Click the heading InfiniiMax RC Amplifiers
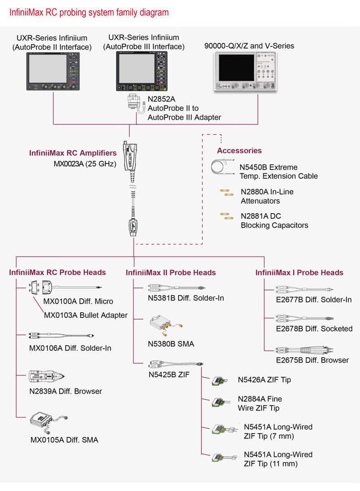73,153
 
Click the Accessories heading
239,151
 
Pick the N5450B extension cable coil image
223,167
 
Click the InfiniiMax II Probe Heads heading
171,272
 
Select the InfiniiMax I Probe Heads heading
299,272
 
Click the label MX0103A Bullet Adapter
86,315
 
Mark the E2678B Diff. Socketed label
314,328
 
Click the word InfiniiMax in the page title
26,12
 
